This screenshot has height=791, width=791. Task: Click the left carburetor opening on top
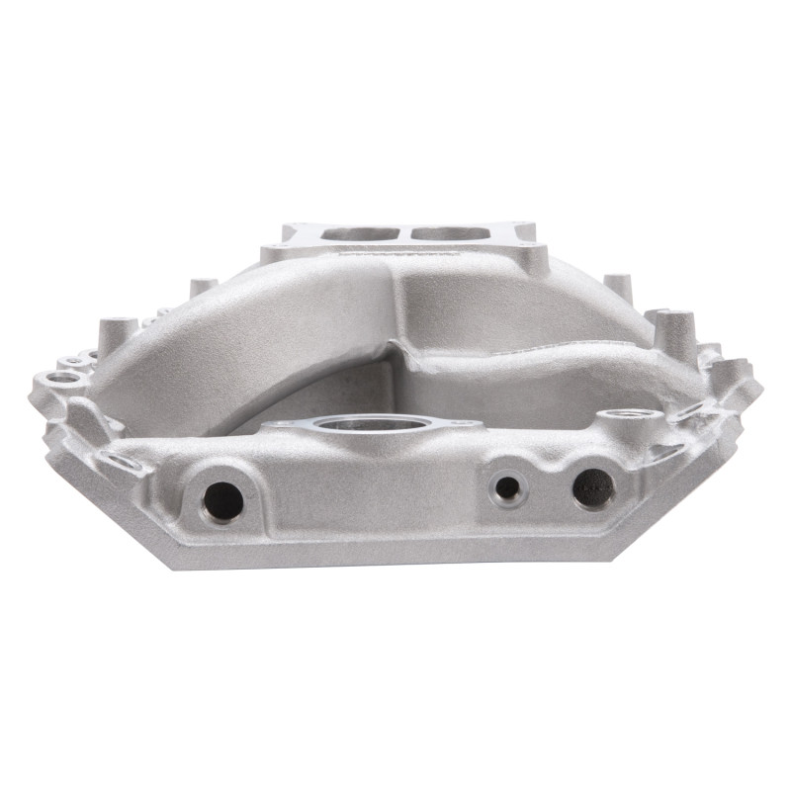pos(357,235)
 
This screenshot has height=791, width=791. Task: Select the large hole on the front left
pos(222,502)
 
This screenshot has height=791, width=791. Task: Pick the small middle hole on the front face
pos(506,486)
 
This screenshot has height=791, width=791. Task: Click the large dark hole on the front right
pos(593,487)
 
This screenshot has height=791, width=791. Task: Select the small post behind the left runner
pos(204,287)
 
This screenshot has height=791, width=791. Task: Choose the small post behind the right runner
pos(617,286)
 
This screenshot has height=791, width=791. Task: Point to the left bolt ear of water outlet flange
pos(282,424)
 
